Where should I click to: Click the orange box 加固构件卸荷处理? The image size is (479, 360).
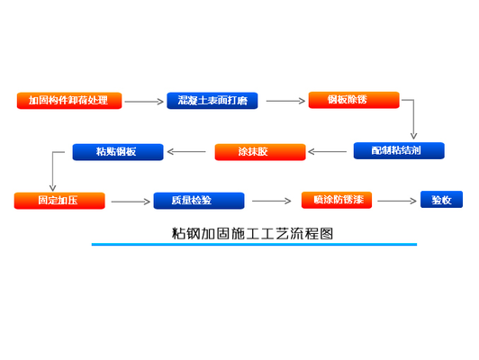[68, 100]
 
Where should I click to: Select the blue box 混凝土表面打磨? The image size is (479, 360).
[212, 100]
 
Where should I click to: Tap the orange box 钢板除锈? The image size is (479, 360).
[354, 100]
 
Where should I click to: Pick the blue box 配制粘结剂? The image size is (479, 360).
[398, 150]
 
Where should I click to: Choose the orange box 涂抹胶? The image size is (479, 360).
[259, 151]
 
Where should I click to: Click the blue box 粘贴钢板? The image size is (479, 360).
[118, 151]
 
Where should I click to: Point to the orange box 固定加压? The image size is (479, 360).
[59, 201]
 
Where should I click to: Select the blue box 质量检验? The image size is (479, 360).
[199, 201]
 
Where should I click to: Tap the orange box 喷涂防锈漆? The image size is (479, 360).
[347, 200]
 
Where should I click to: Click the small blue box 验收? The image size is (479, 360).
[441, 200]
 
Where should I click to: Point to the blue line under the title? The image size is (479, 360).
[254, 244]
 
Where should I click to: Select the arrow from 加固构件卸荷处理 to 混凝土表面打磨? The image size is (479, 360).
[144, 101]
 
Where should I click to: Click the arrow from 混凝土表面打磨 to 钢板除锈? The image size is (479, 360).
[285, 101]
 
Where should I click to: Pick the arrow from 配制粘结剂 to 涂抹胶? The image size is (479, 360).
[328, 151]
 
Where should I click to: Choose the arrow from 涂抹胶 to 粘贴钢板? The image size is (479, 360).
[186, 151]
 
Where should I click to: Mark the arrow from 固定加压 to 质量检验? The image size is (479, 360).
[129, 202]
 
